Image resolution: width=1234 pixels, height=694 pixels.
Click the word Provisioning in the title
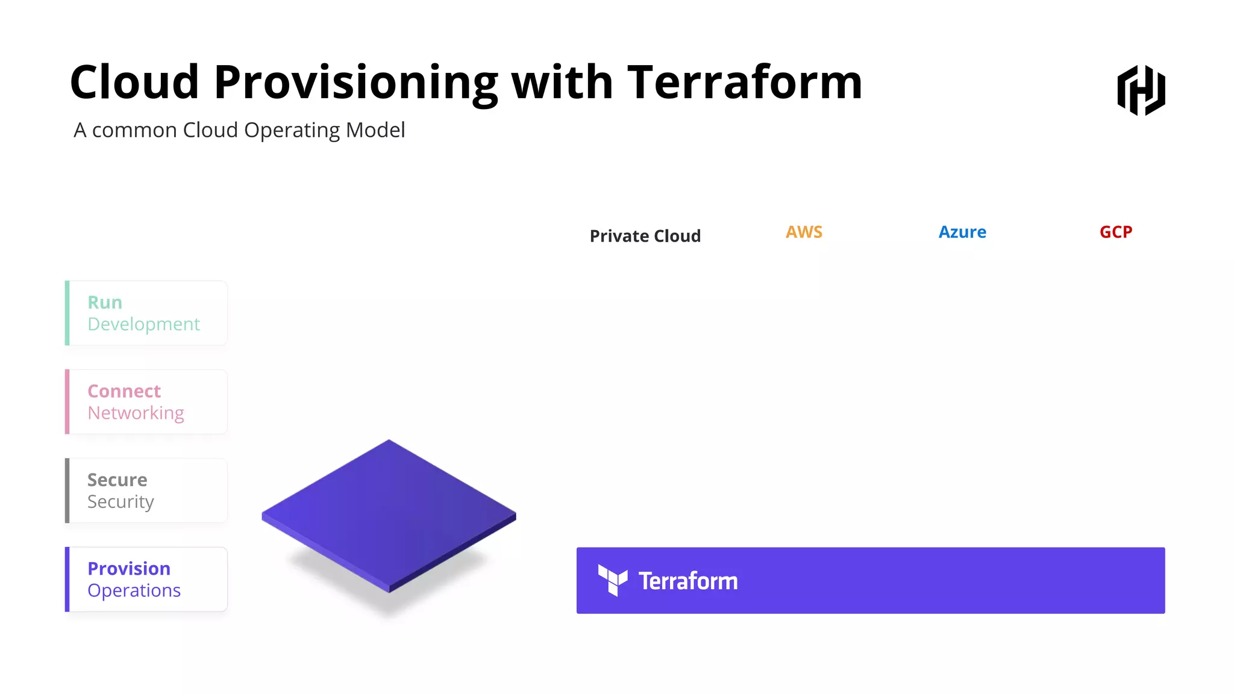(355, 83)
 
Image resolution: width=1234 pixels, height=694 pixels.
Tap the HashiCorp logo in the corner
(1141, 90)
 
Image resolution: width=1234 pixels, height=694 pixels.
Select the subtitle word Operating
(291, 131)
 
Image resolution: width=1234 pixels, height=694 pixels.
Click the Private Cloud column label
(645, 236)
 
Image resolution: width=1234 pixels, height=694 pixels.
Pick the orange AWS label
(804, 232)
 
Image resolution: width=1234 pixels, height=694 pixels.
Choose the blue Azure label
(962, 232)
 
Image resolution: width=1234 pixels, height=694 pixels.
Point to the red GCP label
(1116, 232)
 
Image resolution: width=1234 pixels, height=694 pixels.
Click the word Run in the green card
(105, 302)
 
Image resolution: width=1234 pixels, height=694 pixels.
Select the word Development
(143, 325)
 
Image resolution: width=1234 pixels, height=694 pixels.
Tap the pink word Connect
(124, 392)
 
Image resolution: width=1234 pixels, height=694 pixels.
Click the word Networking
(136, 413)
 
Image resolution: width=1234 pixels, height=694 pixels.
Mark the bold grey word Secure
(117, 480)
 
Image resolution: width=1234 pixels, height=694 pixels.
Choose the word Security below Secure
(121, 502)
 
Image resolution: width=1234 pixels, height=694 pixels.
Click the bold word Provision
(129, 569)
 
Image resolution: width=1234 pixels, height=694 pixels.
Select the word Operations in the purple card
(134, 590)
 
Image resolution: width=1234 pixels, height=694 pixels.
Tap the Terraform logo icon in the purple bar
(612, 580)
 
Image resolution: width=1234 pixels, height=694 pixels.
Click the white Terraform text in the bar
(688, 581)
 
